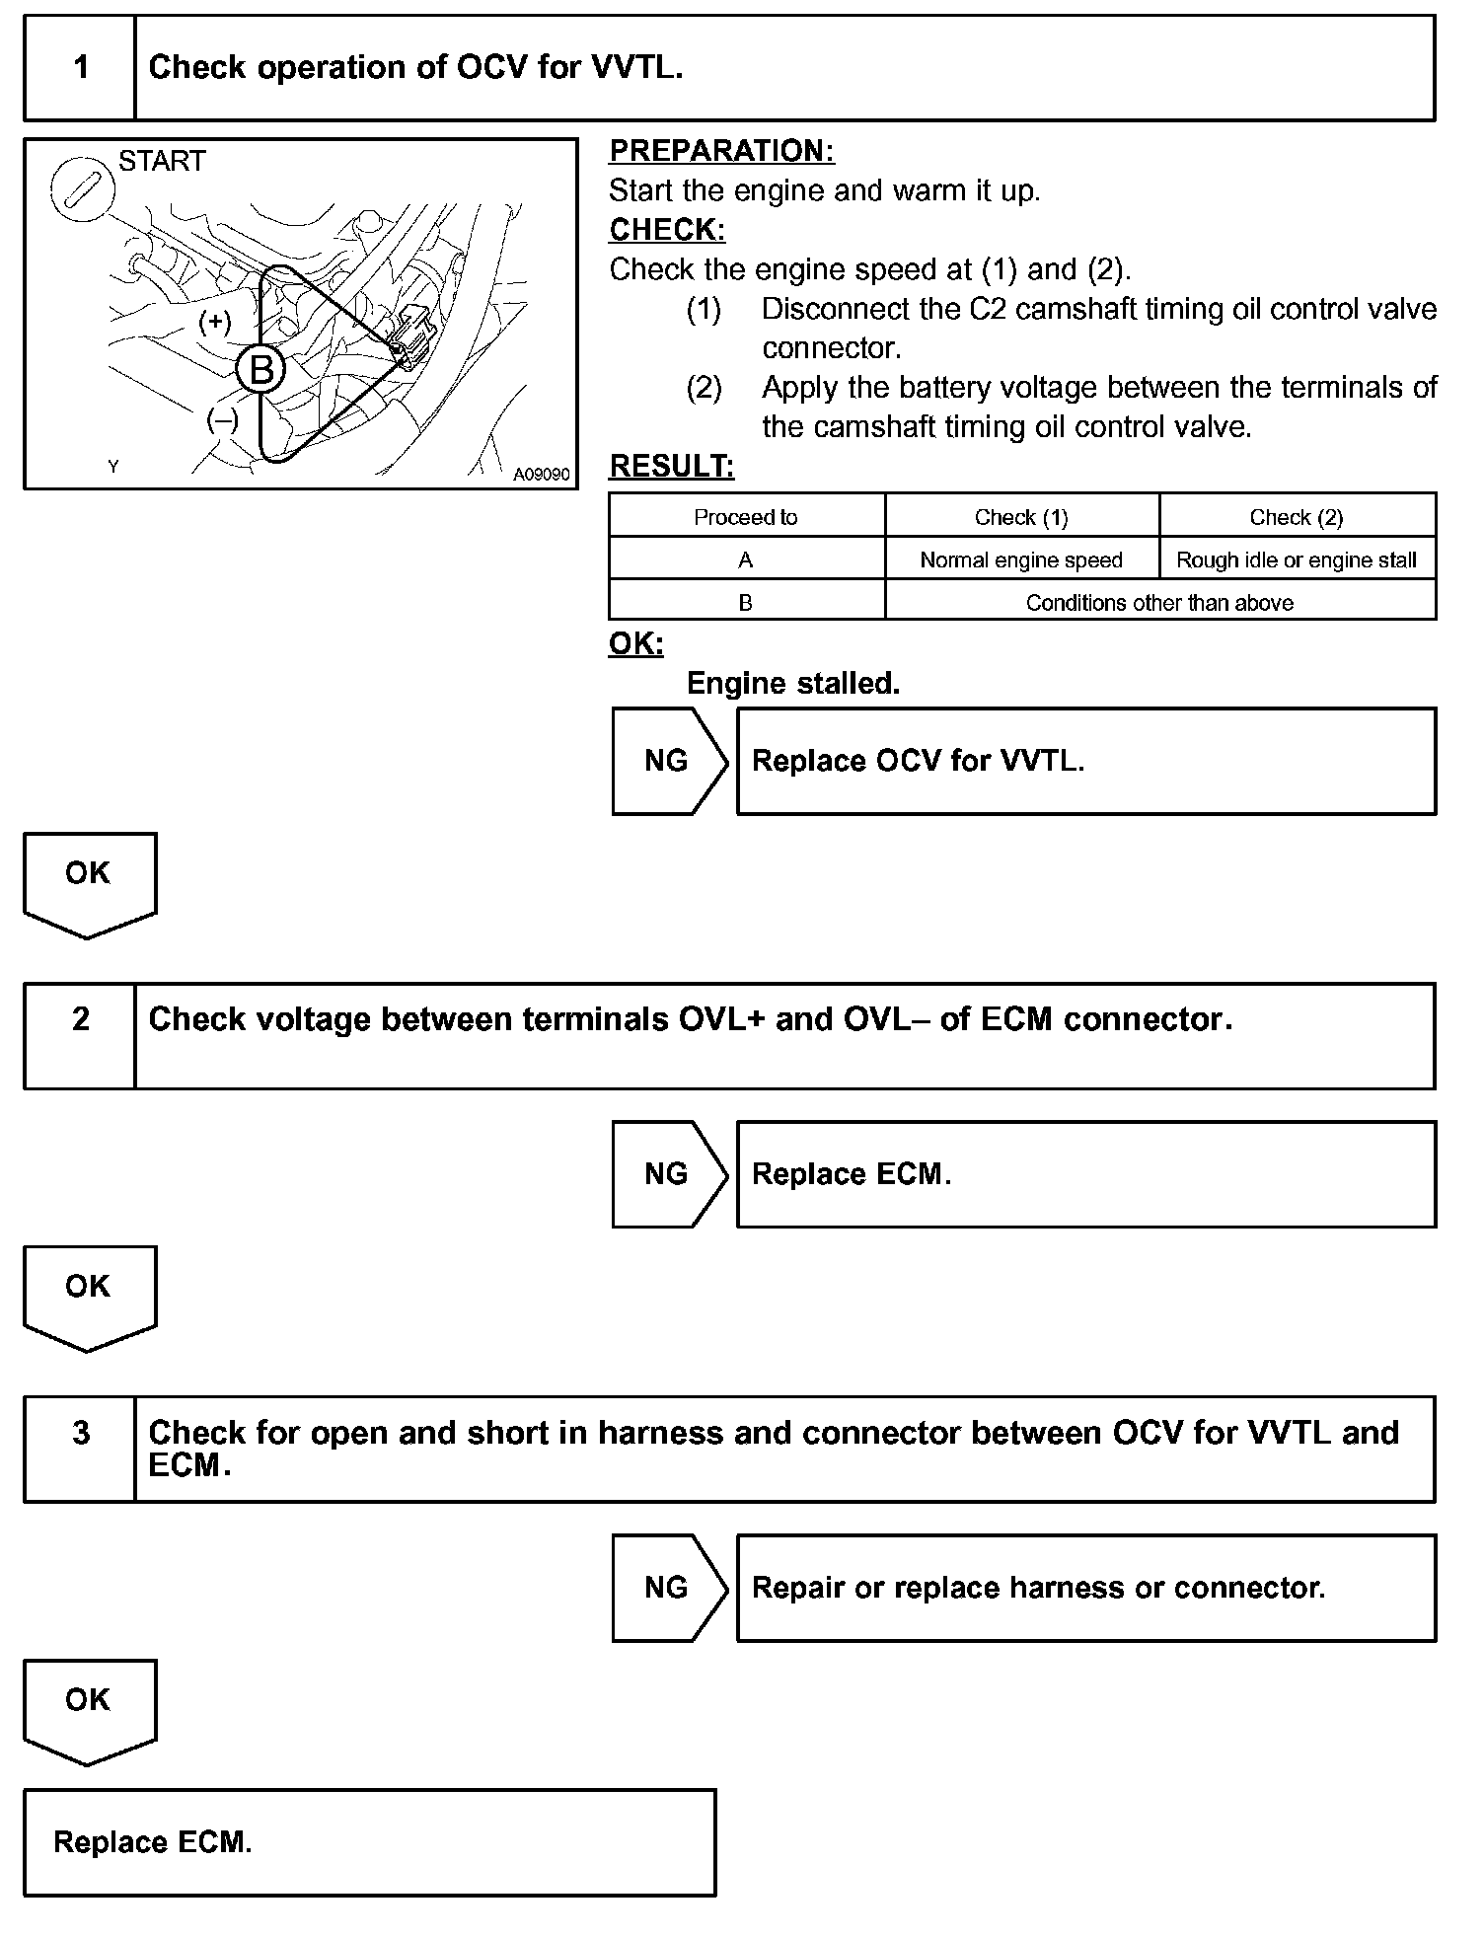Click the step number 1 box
80,68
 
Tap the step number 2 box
80,1035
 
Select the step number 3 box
80,1449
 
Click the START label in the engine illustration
162,161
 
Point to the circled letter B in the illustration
260,370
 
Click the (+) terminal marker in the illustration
214,322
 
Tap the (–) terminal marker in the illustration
222,420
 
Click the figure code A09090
541,475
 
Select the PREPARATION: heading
721,151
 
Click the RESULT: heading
671,467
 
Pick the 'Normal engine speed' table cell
1021,560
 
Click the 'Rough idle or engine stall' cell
1297,560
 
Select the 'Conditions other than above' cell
1159,603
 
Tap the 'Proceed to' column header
746,517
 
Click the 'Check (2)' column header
1297,517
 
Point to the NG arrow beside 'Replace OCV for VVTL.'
668,761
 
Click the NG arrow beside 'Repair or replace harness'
668,1588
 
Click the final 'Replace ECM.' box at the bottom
369,1842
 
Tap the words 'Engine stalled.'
792,684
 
